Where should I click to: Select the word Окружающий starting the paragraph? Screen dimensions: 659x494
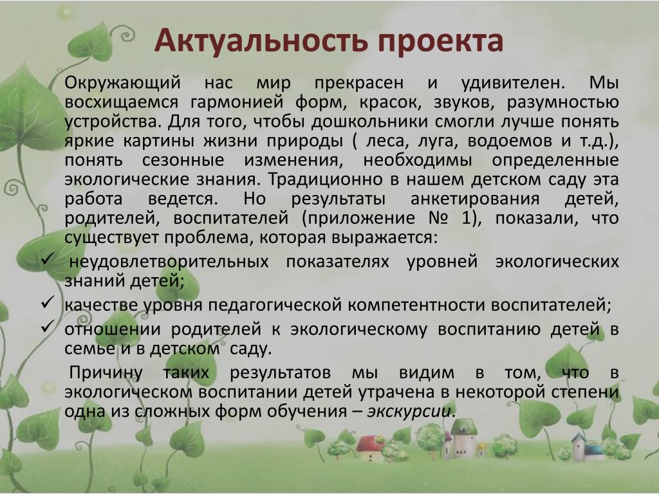(x=123, y=83)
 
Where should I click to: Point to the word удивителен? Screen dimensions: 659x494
(x=513, y=83)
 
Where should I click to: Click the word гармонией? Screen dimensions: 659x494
(x=237, y=102)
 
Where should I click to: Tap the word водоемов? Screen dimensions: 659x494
(x=510, y=141)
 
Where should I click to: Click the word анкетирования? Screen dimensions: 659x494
(x=475, y=199)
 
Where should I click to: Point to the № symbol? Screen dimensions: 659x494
(x=438, y=219)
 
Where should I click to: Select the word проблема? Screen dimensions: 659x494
(x=209, y=238)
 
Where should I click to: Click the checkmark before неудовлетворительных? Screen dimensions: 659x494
(x=47, y=259)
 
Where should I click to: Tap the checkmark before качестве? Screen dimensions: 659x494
(x=48, y=302)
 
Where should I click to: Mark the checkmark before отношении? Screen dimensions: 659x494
(x=48, y=326)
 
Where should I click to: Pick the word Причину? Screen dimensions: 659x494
(x=106, y=373)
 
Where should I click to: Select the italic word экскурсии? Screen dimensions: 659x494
(x=409, y=412)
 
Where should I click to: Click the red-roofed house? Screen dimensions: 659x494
(x=371, y=448)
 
